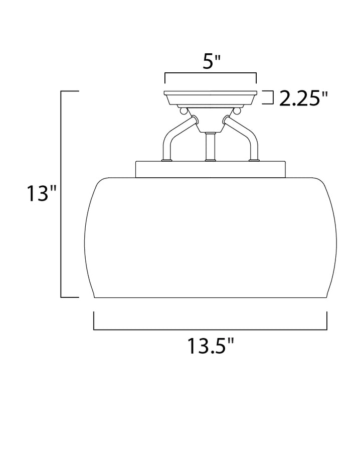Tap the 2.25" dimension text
(x=304, y=98)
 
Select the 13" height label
(x=42, y=193)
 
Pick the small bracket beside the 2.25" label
(x=268, y=97)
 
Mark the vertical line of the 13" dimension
(x=61, y=194)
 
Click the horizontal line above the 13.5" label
(x=210, y=329)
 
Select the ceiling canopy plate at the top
(x=211, y=98)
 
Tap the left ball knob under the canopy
(x=183, y=110)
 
